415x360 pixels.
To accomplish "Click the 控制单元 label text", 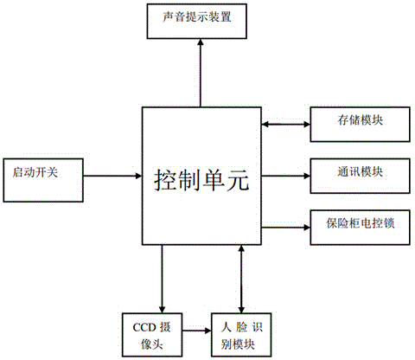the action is click(x=201, y=180).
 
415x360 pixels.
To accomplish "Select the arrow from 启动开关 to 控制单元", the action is click(x=112, y=176).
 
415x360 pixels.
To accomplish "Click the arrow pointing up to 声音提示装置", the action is click(x=201, y=73).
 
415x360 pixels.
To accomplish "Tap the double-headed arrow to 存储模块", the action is click(x=285, y=125).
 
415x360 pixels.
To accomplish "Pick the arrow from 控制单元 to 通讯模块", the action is click(x=285, y=176).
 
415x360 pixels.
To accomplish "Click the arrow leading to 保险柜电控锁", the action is click(x=285, y=228).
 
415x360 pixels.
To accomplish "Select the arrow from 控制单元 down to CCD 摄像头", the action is click(x=162, y=279).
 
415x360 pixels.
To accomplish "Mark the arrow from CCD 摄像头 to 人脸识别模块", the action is click(x=197, y=331).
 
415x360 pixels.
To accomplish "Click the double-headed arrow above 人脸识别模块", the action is click(x=241, y=279).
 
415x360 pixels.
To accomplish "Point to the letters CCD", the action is click(x=144, y=327).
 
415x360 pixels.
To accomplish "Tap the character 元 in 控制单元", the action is click(x=238, y=180).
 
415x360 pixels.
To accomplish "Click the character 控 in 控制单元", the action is click(x=165, y=180).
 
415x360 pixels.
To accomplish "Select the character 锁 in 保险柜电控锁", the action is click(x=389, y=223).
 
